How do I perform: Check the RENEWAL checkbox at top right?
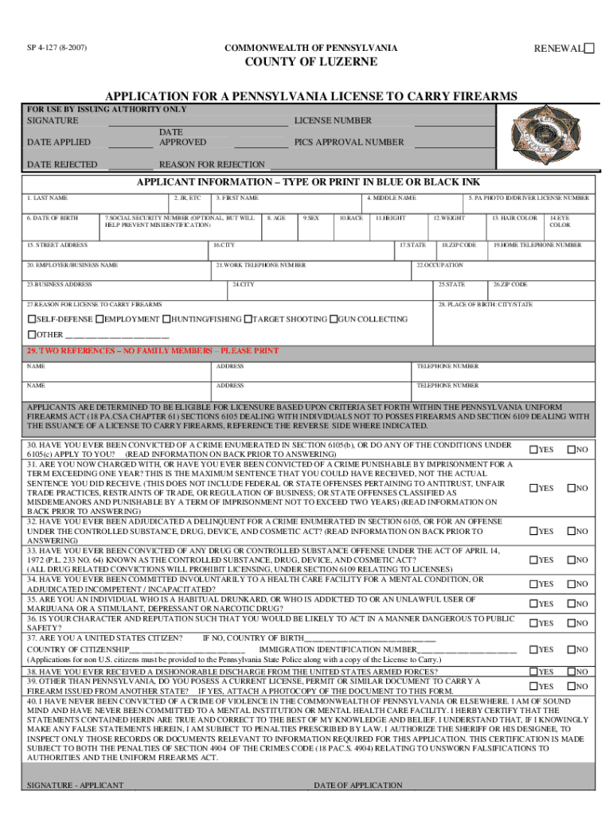click(589, 49)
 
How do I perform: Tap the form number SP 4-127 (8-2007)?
click(55, 49)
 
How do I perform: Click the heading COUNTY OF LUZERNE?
click(310, 63)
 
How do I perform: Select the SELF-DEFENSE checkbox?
click(32, 319)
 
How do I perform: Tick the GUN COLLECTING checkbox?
click(334, 319)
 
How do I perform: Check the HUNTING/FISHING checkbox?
click(166, 319)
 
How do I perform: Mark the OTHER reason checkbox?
click(32, 334)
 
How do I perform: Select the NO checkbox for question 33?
click(571, 560)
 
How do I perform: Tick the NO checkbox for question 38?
click(571, 673)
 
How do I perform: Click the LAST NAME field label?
click(49, 197)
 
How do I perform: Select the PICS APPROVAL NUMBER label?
click(349, 142)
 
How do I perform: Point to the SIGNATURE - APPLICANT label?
click(75, 786)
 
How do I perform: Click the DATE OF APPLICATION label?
click(358, 786)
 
